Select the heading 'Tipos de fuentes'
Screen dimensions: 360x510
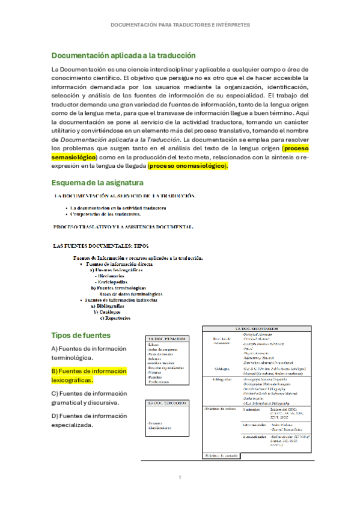coord(81,335)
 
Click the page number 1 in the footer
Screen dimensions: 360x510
coord(180,478)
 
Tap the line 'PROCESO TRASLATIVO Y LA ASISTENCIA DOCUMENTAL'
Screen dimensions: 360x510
coord(123,227)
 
